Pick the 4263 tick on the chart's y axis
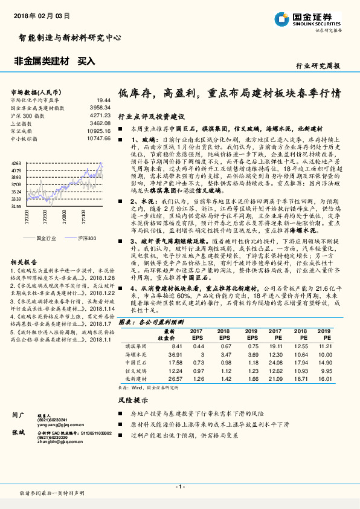[16, 163]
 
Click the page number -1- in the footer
[179, 487]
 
